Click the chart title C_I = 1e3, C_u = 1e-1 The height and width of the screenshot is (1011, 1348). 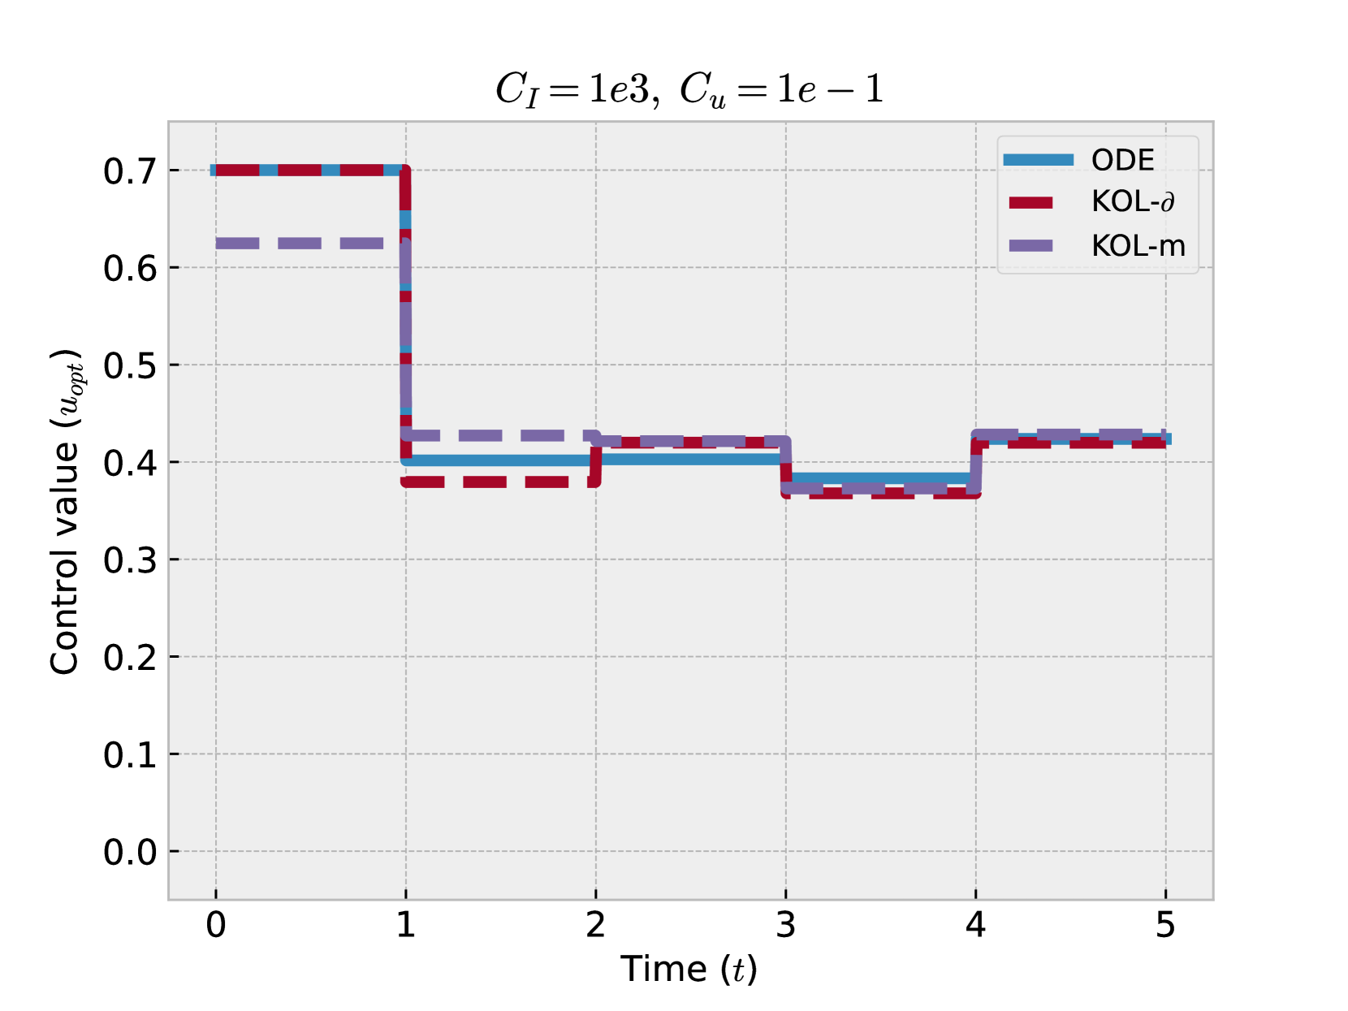point(689,89)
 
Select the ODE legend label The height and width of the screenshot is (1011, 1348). point(1122,160)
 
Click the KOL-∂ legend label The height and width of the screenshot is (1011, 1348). point(1133,201)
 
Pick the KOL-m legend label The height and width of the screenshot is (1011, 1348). point(1138,245)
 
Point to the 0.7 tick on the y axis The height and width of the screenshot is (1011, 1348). point(130,171)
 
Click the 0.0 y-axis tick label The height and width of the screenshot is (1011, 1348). point(130,852)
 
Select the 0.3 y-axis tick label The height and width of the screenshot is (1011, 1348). point(130,560)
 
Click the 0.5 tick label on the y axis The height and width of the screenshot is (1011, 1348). point(130,366)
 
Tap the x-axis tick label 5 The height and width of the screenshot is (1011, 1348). point(1165,925)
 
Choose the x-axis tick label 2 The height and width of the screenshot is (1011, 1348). point(595,925)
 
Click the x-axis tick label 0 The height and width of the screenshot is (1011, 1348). point(216,925)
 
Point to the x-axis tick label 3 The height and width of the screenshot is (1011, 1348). point(785,925)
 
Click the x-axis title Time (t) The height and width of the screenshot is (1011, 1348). point(689,969)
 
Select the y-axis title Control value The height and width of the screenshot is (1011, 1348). point(65,512)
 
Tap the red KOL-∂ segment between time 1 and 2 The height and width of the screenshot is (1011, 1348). point(495,482)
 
